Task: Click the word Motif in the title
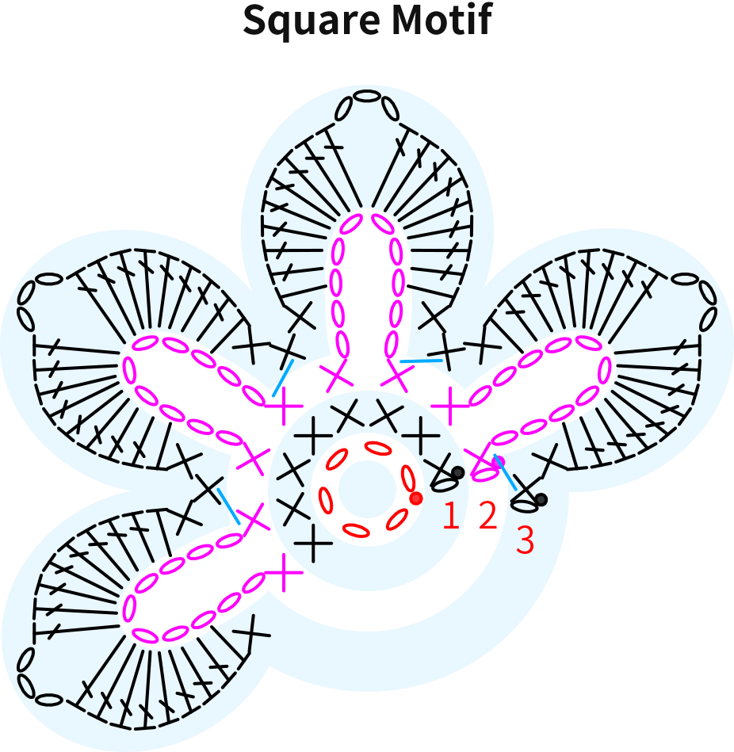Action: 442,19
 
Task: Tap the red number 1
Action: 450,516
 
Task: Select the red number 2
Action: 487,515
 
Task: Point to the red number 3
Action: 525,540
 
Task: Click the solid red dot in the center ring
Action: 416,498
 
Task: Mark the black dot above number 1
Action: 458,472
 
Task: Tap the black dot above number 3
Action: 541,500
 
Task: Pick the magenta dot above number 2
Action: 499,461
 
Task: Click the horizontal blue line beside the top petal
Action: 421,361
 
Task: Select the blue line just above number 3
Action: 505,472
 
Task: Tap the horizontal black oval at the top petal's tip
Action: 366,96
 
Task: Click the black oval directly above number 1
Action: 444,485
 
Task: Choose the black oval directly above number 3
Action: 525,505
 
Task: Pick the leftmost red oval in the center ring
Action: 326,501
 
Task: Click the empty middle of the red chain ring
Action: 367,489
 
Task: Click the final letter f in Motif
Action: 484,19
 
